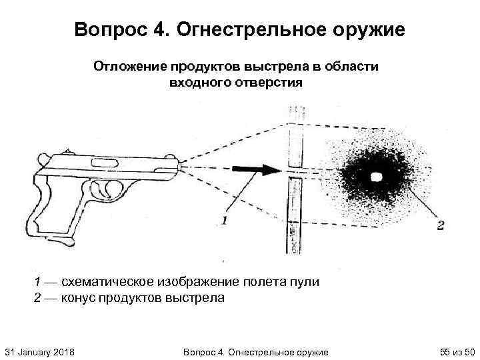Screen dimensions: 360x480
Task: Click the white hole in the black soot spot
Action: click(x=375, y=177)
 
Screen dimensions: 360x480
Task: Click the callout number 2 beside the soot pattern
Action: click(x=440, y=225)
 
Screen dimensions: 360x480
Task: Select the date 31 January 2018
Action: click(x=39, y=351)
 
